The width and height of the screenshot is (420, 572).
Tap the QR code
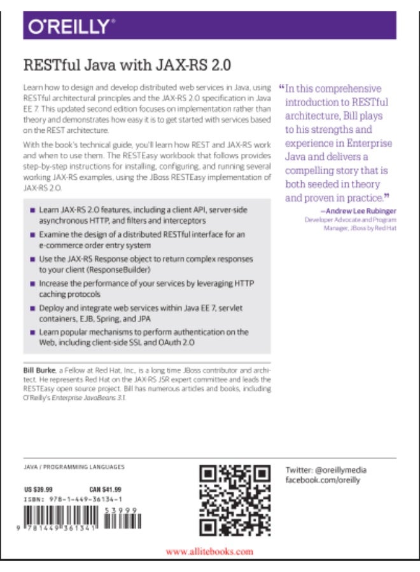[235, 501]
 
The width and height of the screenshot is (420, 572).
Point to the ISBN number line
[71, 500]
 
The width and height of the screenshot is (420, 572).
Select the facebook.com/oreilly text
[323, 480]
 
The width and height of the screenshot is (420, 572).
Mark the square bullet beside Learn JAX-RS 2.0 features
[32, 210]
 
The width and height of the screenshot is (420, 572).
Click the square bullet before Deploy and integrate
[32, 308]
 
